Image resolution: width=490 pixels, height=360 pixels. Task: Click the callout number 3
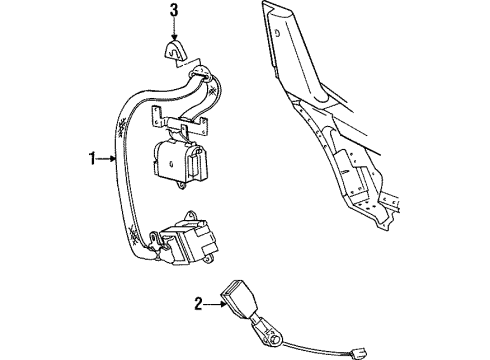174,13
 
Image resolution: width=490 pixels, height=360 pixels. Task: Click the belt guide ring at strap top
198,74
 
